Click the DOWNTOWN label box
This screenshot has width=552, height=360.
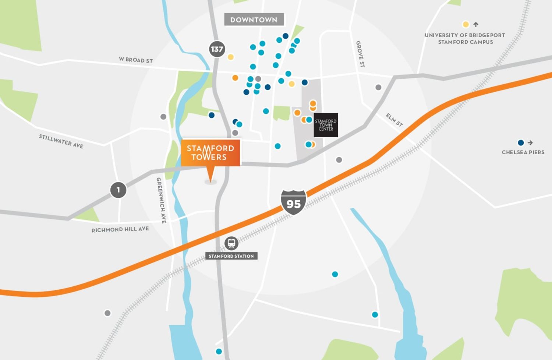(254, 20)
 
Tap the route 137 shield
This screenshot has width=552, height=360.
(217, 49)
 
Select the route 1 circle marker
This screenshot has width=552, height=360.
(118, 190)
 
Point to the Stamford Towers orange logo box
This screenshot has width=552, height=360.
(210, 153)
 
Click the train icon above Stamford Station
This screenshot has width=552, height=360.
(231, 243)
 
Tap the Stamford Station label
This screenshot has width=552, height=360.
(231, 256)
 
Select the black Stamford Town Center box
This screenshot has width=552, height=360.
(326, 125)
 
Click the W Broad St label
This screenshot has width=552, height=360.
(136, 60)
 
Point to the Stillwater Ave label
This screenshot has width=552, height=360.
(61, 141)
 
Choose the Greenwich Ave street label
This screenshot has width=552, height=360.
(161, 200)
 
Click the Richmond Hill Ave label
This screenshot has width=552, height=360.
(120, 229)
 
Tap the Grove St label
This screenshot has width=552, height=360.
(360, 54)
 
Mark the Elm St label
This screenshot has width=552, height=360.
(394, 120)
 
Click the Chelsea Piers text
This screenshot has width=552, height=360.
(523, 152)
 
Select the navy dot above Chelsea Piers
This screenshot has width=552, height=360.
(521, 143)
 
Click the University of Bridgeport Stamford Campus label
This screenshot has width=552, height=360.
(465, 39)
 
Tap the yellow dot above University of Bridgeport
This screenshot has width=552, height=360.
(466, 25)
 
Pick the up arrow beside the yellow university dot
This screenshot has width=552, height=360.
(476, 25)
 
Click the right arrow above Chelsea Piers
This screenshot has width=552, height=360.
(530, 143)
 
